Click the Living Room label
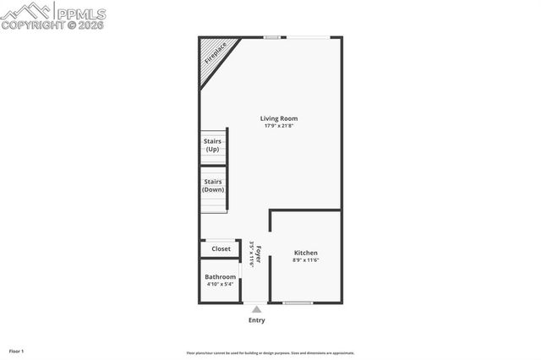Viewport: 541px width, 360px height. click(x=279, y=118)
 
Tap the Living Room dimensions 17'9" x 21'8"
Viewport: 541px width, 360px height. click(x=279, y=127)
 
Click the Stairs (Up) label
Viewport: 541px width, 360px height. click(x=213, y=145)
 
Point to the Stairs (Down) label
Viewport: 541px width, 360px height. click(x=213, y=186)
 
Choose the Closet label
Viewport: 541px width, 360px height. click(x=221, y=248)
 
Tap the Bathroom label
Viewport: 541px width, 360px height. click(x=221, y=276)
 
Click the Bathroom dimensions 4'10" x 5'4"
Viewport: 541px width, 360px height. click(x=221, y=285)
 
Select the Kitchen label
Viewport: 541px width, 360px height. click(x=306, y=253)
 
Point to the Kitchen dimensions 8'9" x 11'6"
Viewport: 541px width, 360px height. click(x=306, y=260)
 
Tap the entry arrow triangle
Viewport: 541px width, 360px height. click(x=256, y=309)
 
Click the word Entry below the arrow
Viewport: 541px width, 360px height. click(x=256, y=320)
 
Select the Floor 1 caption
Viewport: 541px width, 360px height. click(x=17, y=351)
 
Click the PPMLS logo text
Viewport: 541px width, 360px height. click(x=81, y=13)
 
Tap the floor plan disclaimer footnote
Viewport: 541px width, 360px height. click(x=270, y=353)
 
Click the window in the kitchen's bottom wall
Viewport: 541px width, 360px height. click(x=298, y=303)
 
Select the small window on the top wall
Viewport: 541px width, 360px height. click(x=272, y=36)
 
